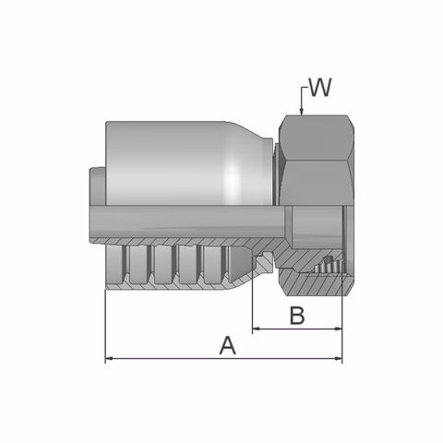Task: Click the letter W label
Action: (320, 89)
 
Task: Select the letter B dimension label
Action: (296, 316)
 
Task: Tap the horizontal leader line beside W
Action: (305, 90)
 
